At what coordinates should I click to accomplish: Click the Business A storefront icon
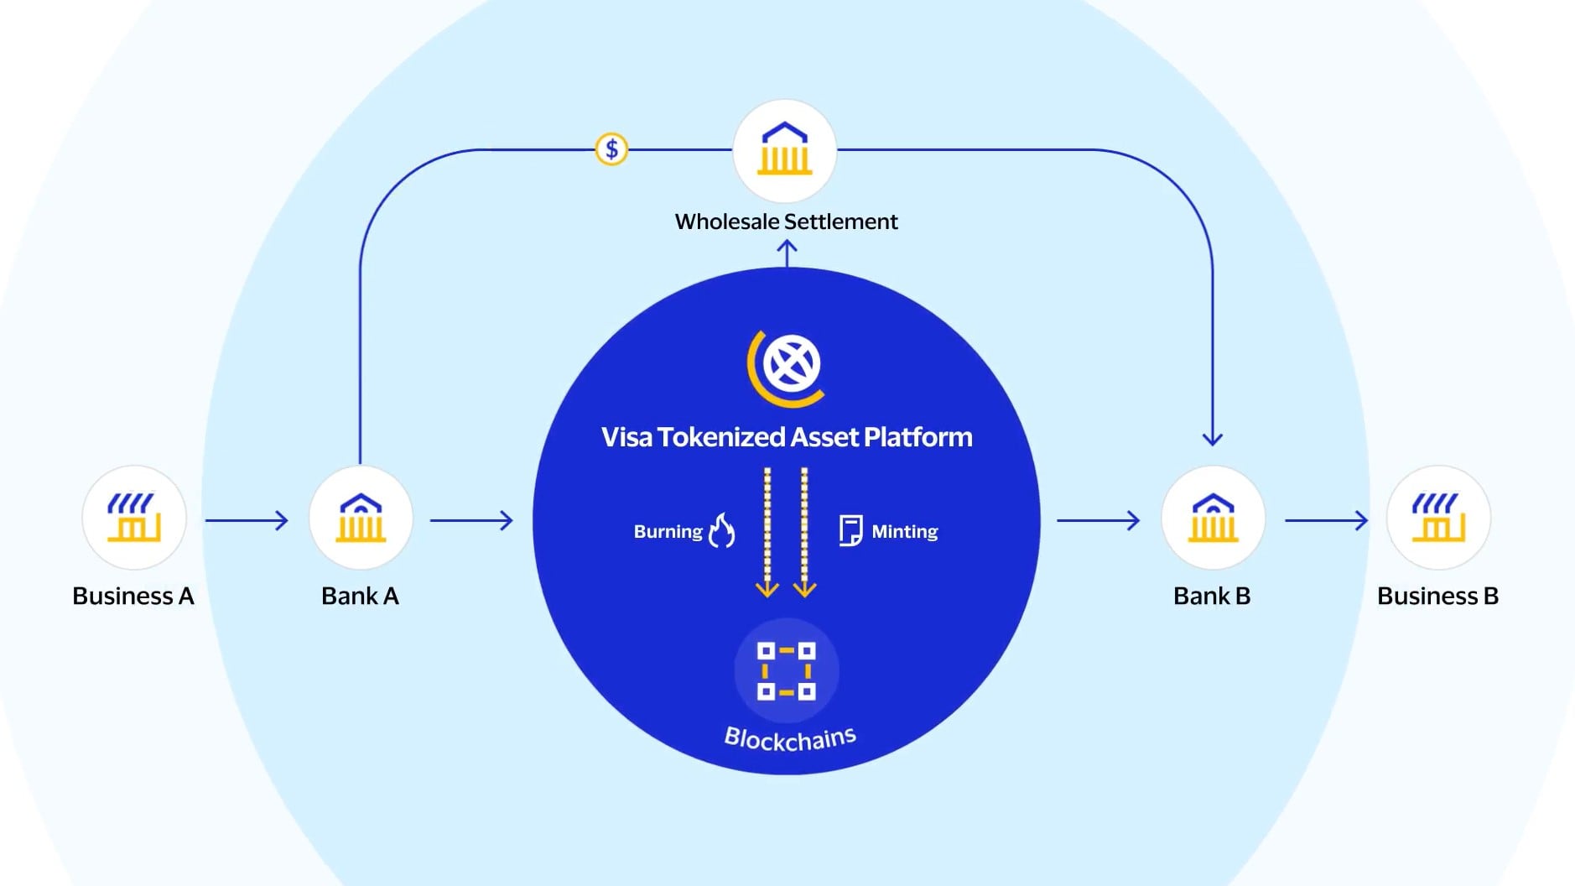pyautogui.click(x=134, y=518)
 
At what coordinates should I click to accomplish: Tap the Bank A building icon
pyautogui.click(x=361, y=518)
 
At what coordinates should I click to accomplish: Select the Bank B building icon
pyautogui.click(x=1213, y=518)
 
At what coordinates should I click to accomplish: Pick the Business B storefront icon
pyautogui.click(x=1438, y=518)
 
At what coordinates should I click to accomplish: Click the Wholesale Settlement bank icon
pyautogui.click(x=785, y=151)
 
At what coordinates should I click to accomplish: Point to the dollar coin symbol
pyautogui.click(x=611, y=149)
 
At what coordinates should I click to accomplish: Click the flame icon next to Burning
pyautogui.click(x=722, y=530)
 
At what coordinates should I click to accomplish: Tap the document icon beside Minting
pyautogui.click(x=850, y=530)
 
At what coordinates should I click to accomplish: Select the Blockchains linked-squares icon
pyautogui.click(x=787, y=670)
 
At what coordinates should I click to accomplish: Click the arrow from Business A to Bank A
pyautogui.click(x=247, y=521)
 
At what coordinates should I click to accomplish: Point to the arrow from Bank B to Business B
pyautogui.click(x=1326, y=521)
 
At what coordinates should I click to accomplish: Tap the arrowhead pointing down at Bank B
pyautogui.click(x=1213, y=437)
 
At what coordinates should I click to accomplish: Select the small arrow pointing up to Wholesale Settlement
pyautogui.click(x=787, y=252)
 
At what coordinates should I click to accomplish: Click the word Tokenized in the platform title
pyautogui.click(x=720, y=437)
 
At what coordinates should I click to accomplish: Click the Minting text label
pyautogui.click(x=904, y=531)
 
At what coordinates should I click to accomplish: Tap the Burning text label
pyautogui.click(x=668, y=531)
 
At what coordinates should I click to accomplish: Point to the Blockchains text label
pyautogui.click(x=790, y=738)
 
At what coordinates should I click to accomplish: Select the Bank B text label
pyautogui.click(x=1212, y=596)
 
